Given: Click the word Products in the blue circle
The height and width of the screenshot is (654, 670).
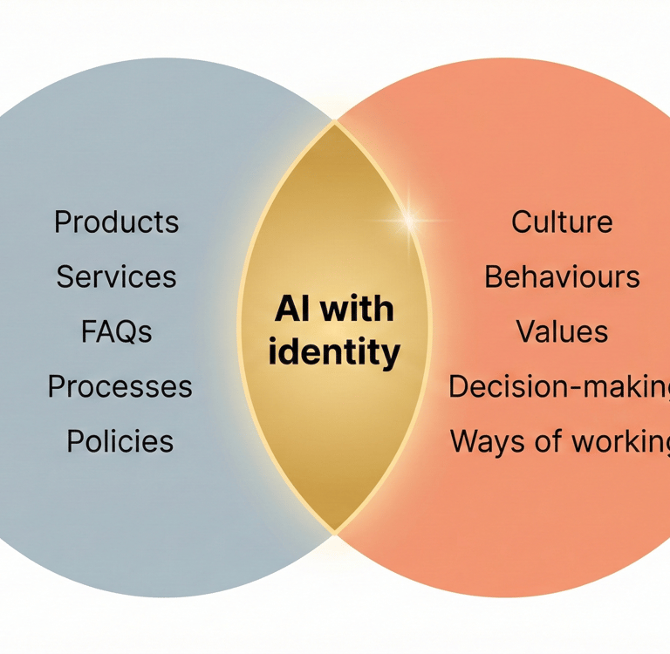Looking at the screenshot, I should pyautogui.click(x=116, y=221).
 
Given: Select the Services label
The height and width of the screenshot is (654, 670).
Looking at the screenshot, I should pyautogui.click(x=116, y=276).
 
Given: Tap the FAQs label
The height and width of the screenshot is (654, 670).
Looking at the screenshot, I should pyautogui.click(x=116, y=331).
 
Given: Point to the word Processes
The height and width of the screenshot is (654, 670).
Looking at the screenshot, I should pyautogui.click(x=120, y=386).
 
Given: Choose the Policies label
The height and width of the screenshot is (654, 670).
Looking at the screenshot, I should pyautogui.click(x=120, y=441).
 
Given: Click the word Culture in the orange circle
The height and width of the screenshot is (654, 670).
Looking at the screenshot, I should pyautogui.click(x=562, y=221).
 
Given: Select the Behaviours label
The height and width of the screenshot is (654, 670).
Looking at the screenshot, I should pyautogui.click(x=562, y=276).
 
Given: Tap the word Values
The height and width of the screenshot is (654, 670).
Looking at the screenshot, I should pyautogui.click(x=562, y=331).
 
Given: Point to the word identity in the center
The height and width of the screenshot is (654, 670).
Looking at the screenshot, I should pyautogui.click(x=334, y=353).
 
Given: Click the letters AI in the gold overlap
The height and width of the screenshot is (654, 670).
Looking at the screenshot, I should pyautogui.click(x=290, y=309).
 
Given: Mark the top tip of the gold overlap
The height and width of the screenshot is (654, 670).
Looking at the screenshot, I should pyautogui.click(x=334, y=123).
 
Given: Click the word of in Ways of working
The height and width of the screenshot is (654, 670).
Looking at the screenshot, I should pyautogui.click(x=546, y=441).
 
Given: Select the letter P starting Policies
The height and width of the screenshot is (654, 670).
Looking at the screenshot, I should pyautogui.click(x=76, y=441).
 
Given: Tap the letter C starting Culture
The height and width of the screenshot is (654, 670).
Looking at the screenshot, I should pyautogui.click(x=522, y=221).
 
